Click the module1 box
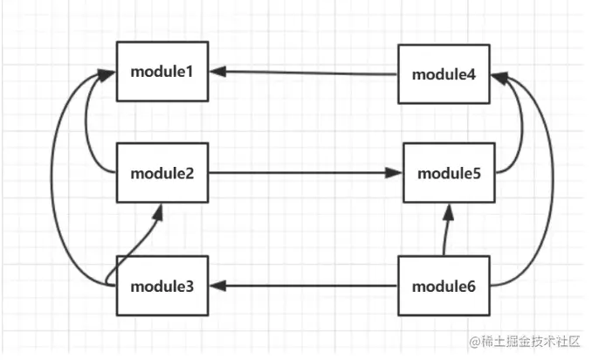point(163,72)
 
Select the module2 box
point(163,172)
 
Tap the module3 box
point(163,286)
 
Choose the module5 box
point(449,173)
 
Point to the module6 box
point(444,286)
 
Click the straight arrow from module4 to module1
point(306,73)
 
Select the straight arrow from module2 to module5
point(306,173)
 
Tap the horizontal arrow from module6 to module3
point(306,286)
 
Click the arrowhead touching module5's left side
point(396,173)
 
